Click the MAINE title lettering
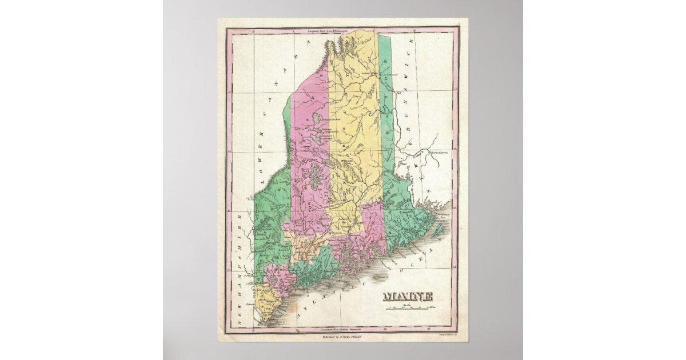click(408, 297)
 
